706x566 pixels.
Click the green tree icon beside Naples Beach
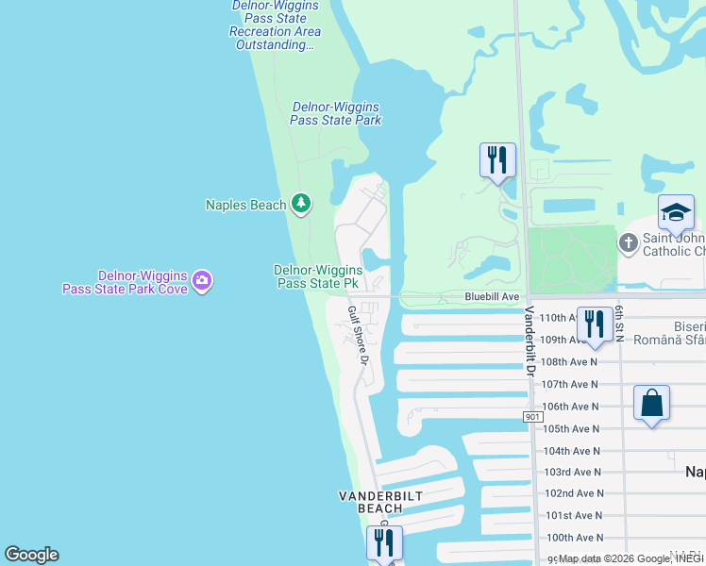tap(301, 203)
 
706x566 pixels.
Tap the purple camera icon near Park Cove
tap(201, 280)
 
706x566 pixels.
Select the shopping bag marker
tap(651, 404)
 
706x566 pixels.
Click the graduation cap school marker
tap(676, 213)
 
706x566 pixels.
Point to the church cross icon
tap(630, 243)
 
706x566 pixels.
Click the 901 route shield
tap(534, 416)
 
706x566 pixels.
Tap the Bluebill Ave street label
tap(493, 296)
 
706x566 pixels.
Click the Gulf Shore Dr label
tap(356, 335)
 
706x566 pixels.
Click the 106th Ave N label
tap(570, 407)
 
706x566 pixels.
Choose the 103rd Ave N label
tap(572, 472)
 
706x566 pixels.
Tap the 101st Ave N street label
tap(572, 515)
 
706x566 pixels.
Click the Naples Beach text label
tap(245, 205)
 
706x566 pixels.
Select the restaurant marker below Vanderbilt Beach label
tap(384, 543)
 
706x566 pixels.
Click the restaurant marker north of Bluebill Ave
tap(497, 160)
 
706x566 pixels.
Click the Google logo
tap(31, 555)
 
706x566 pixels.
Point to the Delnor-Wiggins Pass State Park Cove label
tap(126, 281)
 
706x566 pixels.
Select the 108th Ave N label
tap(570, 362)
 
